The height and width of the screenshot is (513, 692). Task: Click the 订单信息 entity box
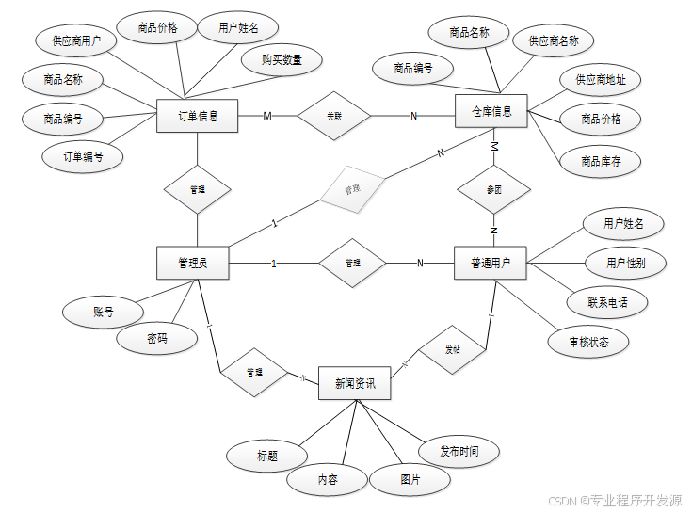[198, 116]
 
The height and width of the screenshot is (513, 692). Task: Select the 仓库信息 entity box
[491, 112]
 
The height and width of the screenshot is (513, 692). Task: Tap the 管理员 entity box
[192, 263]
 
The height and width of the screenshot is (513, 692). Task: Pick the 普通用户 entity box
[491, 263]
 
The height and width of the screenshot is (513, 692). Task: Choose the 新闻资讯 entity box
[355, 384]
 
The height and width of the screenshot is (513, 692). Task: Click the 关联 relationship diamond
[334, 116]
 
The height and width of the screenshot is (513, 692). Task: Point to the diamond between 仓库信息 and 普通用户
[493, 189]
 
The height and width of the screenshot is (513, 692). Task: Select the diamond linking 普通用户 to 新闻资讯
[452, 349]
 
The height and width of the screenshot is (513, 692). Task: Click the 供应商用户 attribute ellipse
[76, 40]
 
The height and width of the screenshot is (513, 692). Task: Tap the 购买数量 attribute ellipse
[282, 59]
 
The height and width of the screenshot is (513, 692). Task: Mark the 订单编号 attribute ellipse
[83, 156]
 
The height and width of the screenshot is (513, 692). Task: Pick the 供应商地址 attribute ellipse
[601, 80]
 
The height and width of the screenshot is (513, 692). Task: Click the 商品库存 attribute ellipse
[601, 161]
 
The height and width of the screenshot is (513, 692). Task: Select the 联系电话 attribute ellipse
[607, 302]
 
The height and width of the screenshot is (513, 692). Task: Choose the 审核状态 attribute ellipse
[588, 342]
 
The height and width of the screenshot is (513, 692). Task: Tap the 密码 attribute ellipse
[157, 338]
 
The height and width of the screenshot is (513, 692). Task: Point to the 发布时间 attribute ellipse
[459, 451]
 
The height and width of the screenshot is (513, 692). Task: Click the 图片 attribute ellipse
[410, 480]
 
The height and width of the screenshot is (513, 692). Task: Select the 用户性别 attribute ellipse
[625, 262]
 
